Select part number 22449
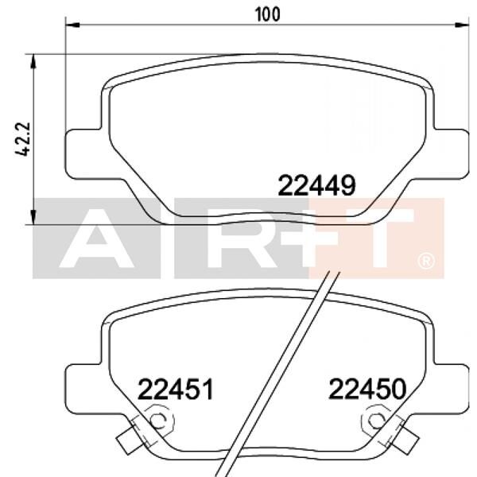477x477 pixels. click(x=315, y=185)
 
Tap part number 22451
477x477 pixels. click(x=176, y=390)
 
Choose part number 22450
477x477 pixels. click(x=367, y=390)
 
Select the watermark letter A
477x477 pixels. click(x=95, y=238)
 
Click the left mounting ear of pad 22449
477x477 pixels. click(x=79, y=151)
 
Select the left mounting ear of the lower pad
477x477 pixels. click(x=80, y=387)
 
